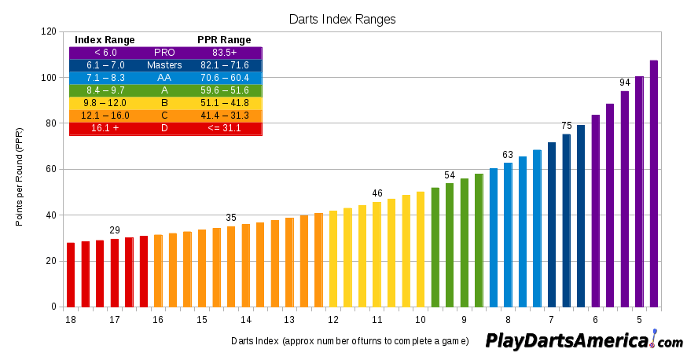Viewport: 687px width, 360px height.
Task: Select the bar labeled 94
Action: pos(625,198)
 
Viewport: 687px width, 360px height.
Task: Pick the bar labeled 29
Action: pos(115,272)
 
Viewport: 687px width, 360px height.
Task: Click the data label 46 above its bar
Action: pos(377,193)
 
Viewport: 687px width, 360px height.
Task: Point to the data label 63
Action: pos(508,155)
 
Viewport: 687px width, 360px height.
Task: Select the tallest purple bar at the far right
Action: pos(654,183)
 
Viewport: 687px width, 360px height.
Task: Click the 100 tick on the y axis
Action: pos(48,78)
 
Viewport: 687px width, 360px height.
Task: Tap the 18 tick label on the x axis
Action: pos(71,320)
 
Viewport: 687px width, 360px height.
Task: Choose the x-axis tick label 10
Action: pos(421,320)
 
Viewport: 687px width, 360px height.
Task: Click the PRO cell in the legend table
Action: pos(164,53)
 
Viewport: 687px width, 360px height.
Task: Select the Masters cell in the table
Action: pos(164,65)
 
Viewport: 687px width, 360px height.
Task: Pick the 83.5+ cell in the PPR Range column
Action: pos(226,53)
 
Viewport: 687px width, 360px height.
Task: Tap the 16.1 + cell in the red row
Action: pos(105,128)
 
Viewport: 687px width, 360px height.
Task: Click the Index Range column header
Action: pos(105,40)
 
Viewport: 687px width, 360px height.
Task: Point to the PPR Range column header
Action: pos(224,40)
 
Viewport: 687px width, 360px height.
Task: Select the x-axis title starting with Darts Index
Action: pos(350,341)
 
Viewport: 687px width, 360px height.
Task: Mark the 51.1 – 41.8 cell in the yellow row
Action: pos(226,103)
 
